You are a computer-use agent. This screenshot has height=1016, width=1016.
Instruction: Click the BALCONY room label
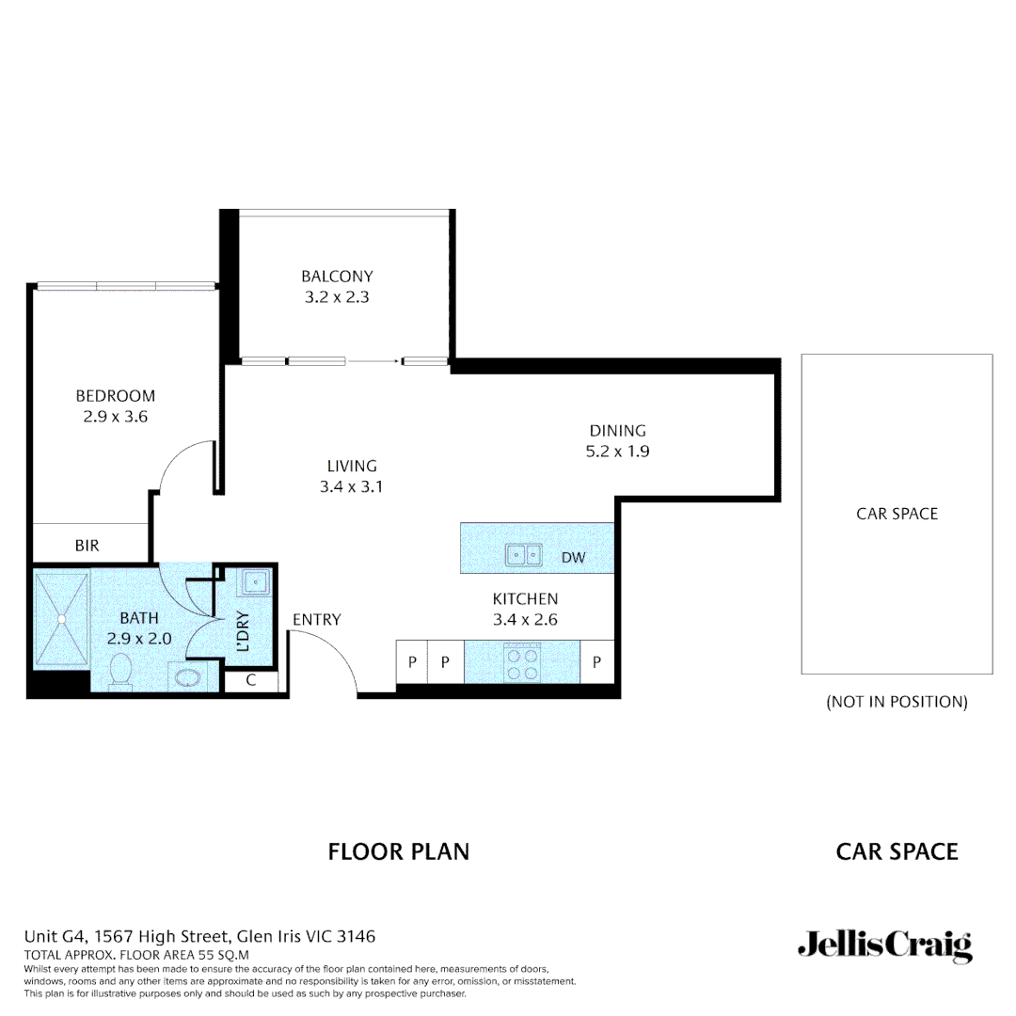coord(337,277)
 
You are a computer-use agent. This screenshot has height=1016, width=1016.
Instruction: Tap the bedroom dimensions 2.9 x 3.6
coord(116,416)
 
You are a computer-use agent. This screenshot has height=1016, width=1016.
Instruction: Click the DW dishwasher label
coord(573,558)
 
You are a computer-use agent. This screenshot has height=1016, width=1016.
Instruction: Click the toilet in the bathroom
coord(120,673)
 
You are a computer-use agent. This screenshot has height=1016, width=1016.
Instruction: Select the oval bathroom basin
coord(185,677)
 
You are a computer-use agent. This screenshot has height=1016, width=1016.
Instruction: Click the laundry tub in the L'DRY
coord(255,583)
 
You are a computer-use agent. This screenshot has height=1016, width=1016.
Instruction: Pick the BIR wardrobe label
coord(87,546)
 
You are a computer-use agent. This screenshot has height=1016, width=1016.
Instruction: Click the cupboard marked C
coord(251,681)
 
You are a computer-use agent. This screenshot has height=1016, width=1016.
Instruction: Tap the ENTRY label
coord(316,620)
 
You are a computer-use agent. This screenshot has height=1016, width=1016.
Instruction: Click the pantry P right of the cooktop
coord(596,662)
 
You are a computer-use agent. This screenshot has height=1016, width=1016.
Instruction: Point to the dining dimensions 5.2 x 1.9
coord(618,451)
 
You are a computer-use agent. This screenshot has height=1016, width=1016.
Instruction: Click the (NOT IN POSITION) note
coord(897,702)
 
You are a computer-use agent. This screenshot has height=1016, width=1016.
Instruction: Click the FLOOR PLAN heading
coord(398,852)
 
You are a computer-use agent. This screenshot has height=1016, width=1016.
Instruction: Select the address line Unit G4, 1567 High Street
coord(199,937)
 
